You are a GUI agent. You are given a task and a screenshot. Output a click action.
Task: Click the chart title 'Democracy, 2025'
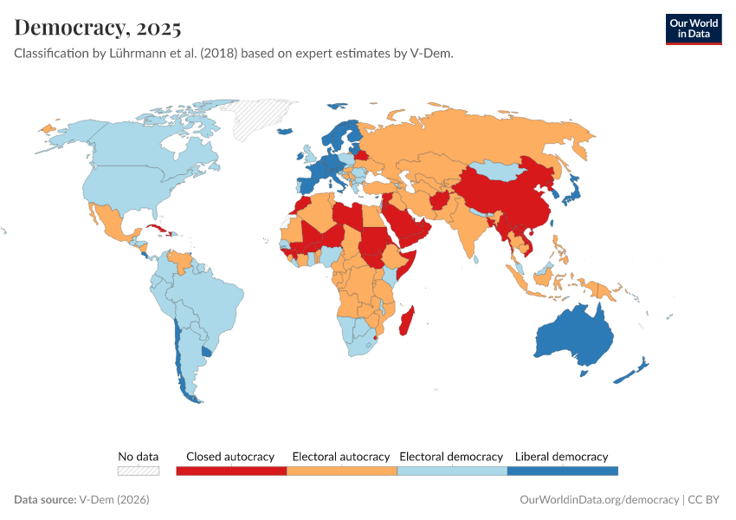[x=98, y=28]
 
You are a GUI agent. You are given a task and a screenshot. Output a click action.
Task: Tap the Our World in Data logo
[x=693, y=28]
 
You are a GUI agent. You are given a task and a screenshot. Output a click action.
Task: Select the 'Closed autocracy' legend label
[x=230, y=456]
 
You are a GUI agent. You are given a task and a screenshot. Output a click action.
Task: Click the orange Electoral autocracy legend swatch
[x=341, y=471]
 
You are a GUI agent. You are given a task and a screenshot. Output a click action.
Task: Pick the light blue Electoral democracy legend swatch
[x=451, y=471]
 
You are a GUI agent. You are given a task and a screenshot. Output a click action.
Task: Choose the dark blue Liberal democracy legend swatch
[x=562, y=471]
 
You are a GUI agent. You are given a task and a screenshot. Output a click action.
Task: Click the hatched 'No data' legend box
[x=139, y=471]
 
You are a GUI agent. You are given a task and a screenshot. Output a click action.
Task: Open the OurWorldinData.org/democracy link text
[x=598, y=500]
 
